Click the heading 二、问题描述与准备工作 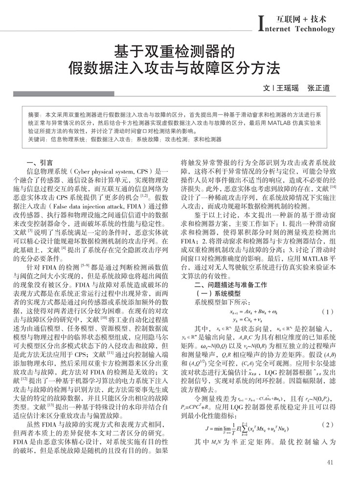pyautogui.click(x=231, y=284)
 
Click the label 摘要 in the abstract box pyautogui.click(x=35, y=113)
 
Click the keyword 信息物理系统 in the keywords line pyautogui.click(x=66, y=139)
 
